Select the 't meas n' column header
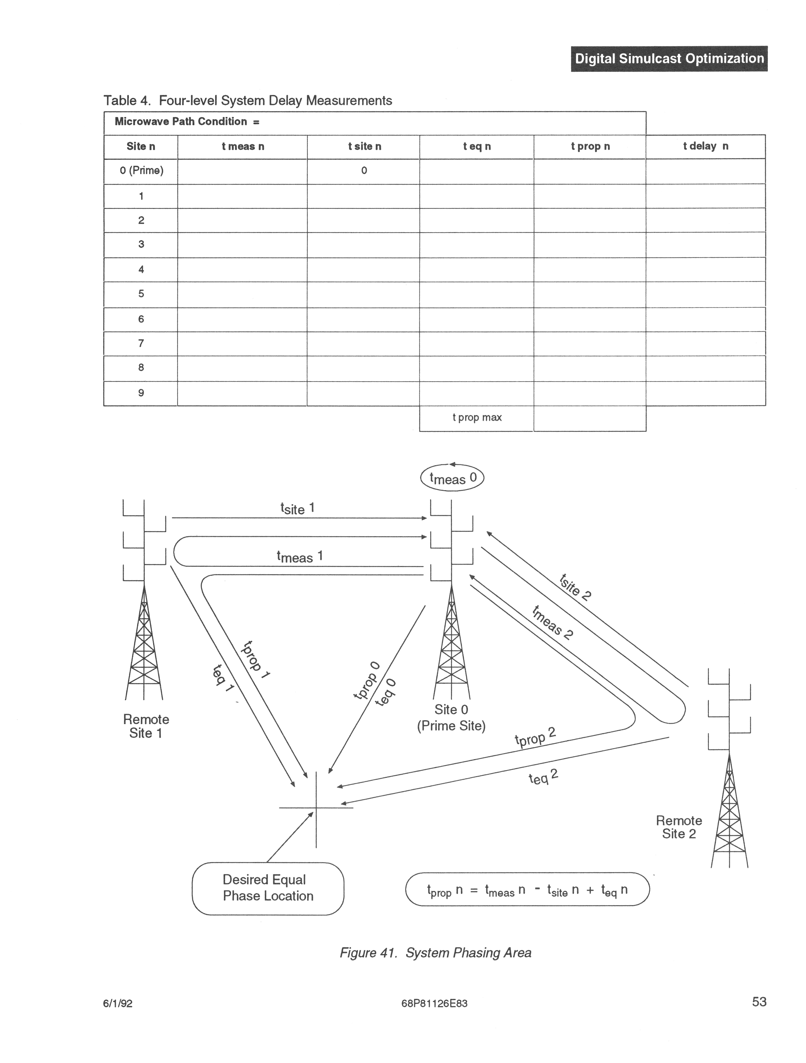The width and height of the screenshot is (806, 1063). (x=243, y=147)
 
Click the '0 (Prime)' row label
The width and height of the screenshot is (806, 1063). (x=141, y=171)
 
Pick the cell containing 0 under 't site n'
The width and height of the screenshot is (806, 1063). (x=364, y=171)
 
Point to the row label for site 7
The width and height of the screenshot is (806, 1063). (x=141, y=343)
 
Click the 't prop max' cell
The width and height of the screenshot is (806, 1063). (x=476, y=418)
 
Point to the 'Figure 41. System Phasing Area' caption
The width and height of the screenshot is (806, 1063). (x=435, y=953)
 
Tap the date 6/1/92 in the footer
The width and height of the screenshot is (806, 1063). (x=118, y=1003)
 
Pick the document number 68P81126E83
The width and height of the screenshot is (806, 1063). (x=434, y=1003)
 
